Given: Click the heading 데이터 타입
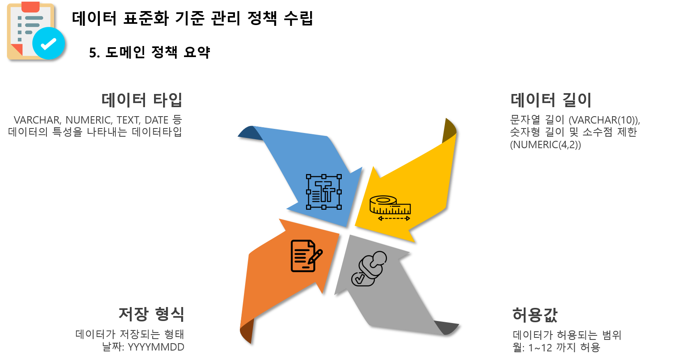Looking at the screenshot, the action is pyautogui.click(x=142, y=100).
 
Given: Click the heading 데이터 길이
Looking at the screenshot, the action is pyautogui.click(x=551, y=100).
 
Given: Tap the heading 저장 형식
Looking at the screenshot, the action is pyautogui.click(x=151, y=314).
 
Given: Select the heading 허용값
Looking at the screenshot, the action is pyautogui.click(x=535, y=315).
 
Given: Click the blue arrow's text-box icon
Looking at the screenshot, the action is pyautogui.click(x=324, y=192).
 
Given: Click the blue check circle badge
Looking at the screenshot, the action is pyautogui.click(x=48, y=44).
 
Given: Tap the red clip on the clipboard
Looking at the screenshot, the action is pyautogui.click(x=30, y=7).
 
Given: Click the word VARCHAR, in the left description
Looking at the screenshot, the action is pyautogui.click(x=37, y=120).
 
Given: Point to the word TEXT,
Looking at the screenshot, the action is pyautogui.click(x=128, y=120).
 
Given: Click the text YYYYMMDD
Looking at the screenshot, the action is pyautogui.click(x=156, y=347).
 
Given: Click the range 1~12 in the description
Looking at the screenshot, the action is pyautogui.click(x=540, y=348).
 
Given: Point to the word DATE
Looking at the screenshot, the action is pyautogui.click(x=156, y=120).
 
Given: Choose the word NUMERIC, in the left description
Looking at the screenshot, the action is pyautogui.click(x=89, y=120).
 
